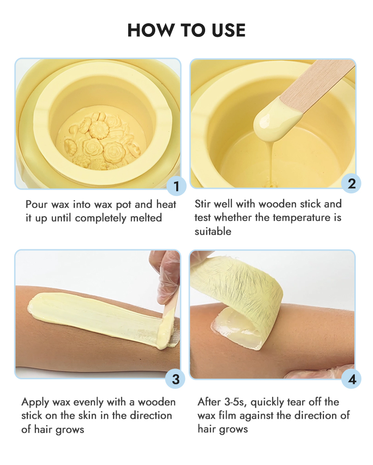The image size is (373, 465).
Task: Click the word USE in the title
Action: [229, 30]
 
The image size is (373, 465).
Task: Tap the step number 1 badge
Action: [176, 186]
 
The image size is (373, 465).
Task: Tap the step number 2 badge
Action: [352, 184]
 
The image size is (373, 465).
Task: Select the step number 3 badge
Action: [175, 379]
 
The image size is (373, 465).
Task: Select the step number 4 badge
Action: [352, 379]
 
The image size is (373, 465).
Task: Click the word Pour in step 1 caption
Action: [36, 205]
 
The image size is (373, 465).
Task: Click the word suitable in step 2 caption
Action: [213, 231]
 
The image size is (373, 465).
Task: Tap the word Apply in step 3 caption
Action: [35, 403]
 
